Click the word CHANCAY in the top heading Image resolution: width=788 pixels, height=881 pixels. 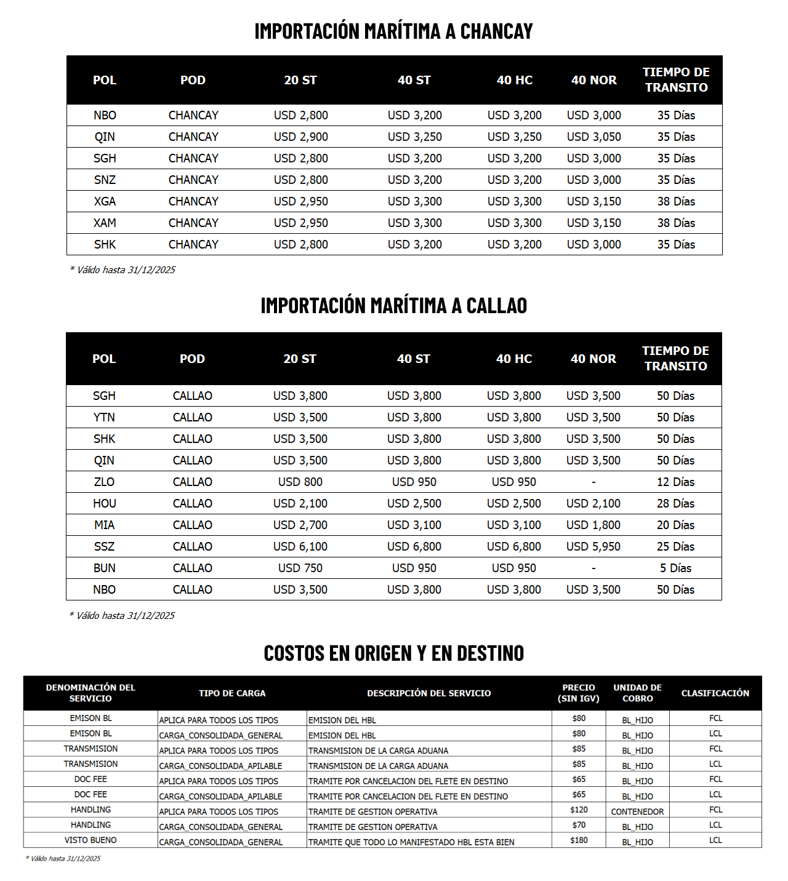point(496,31)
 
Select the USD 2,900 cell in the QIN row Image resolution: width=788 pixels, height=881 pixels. point(300,137)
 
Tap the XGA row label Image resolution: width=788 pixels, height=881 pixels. point(105,201)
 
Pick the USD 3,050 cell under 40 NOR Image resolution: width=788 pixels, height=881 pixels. point(593,137)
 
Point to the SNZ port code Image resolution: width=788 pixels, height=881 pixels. point(105,180)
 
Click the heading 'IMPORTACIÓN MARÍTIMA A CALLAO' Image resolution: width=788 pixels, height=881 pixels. point(394,306)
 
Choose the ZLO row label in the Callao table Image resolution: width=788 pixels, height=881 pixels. point(104,482)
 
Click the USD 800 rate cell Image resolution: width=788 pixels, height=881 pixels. point(300,482)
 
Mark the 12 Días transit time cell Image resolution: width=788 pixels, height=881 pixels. point(675,482)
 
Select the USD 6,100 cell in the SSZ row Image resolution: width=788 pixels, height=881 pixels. point(300,546)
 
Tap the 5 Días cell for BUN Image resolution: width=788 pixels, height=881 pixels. point(675,568)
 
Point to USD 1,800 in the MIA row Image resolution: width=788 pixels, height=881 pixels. point(593,525)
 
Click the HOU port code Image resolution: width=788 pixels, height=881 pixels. point(104,503)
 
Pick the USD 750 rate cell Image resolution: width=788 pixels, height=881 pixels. point(300,568)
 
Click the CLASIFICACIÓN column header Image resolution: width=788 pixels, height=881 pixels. point(715,693)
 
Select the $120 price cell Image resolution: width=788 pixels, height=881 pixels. point(579,810)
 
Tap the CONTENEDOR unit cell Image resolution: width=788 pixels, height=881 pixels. point(637,811)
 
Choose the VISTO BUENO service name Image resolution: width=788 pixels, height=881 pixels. point(90,840)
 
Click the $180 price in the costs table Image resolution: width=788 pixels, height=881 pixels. point(579,840)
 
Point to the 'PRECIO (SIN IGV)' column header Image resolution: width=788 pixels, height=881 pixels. point(579,693)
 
